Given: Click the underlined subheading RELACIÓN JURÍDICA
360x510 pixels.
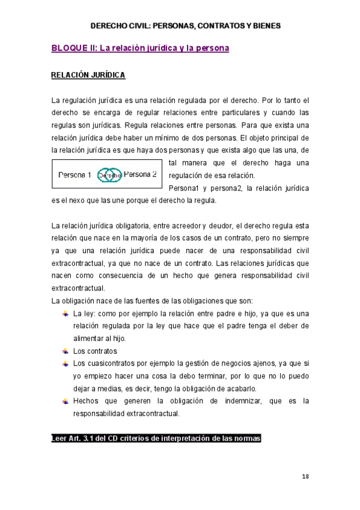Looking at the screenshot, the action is pyautogui.click(x=88, y=76).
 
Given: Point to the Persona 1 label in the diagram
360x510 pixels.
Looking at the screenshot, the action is pyautogui.click(x=75, y=175).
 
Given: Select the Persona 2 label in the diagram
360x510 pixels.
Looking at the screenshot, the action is pyautogui.click(x=140, y=174).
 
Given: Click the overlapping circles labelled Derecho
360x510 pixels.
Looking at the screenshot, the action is pyautogui.click(x=109, y=175).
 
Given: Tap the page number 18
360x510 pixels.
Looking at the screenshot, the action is pyautogui.click(x=305, y=476).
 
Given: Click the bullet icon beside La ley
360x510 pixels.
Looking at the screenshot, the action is pyautogui.click(x=65, y=313).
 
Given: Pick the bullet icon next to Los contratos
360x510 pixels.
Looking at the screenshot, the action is pyautogui.click(x=65, y=351).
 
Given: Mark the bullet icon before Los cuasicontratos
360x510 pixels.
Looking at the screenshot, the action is pyautogui.click(x=65, y=363).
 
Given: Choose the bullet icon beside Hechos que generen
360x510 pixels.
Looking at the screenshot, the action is pyautogui.click(x=65, y=401).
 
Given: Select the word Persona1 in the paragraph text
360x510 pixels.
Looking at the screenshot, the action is pyautogui.click(x=185, y=188).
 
